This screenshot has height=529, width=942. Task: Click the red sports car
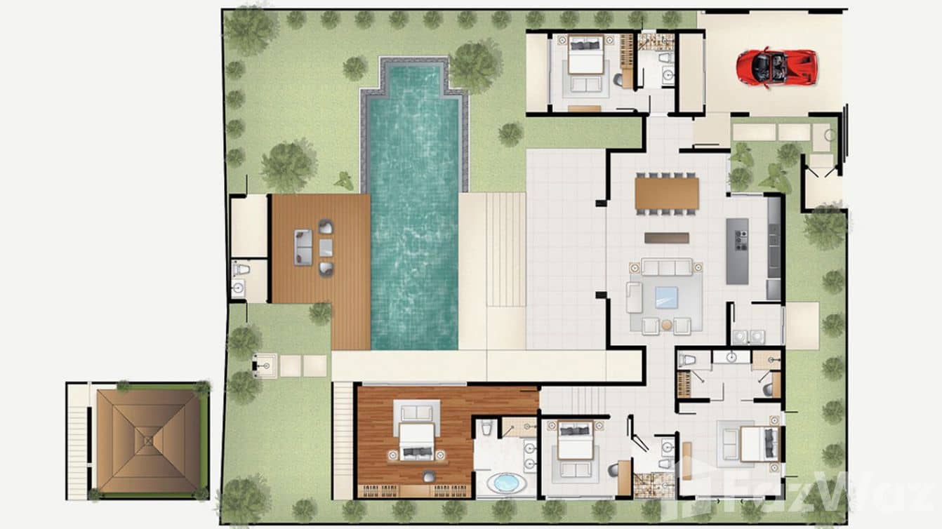tap(776, 67)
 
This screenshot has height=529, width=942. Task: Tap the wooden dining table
tap(667, 194)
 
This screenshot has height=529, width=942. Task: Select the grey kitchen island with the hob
tap(737, 250)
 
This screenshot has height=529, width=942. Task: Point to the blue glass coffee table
tap(666, 297)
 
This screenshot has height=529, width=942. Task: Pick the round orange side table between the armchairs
tap(666, 326)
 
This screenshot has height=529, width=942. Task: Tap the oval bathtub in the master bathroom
tap(505, 483)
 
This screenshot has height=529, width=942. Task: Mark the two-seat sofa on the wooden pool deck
tap(303, 248)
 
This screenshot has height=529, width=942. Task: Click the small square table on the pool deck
tap(326, 248)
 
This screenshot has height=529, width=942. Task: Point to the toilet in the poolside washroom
tap(241, 269)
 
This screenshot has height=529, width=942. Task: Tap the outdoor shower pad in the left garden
tap(264, 365)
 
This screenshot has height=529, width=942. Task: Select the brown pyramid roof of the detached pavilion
tap(147, 441)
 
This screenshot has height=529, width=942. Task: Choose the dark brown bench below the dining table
tap(666, 238)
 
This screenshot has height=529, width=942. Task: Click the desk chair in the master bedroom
tap(427, 476)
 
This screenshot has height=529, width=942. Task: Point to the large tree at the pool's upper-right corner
tap(475, 65)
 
